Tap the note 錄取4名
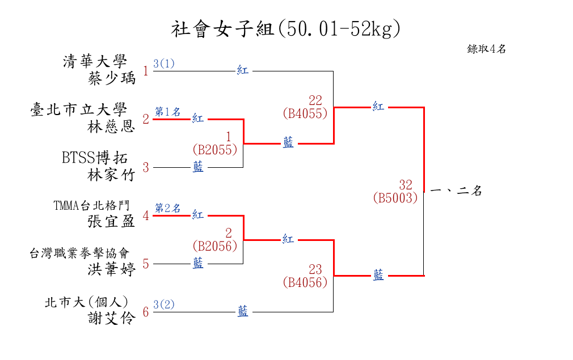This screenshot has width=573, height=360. click(486, 49)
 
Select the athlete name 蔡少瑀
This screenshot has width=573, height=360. click(112, 78)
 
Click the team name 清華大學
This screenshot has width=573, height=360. click(95, 61)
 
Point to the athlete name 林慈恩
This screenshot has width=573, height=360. click(112, 126)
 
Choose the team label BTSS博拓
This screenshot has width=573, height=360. click(95, 158)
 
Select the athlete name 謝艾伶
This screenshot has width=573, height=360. click(112, 319)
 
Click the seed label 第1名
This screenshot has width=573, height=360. click(168, 112)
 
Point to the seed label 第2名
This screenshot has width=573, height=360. click(168, 208)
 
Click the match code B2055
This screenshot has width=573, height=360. click(214, 150)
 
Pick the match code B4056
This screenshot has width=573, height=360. click(305, 282)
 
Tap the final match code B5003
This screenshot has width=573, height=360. click(395, 198)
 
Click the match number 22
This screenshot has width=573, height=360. click(315, 101)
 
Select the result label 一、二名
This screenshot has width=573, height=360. click(456, 191)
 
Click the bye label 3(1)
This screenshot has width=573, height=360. click(164, 63)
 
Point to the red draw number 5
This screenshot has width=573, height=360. click(146, 264)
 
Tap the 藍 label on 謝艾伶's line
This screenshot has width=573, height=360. click(243, 311)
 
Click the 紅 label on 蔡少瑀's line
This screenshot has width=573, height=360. click(243, 71)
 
